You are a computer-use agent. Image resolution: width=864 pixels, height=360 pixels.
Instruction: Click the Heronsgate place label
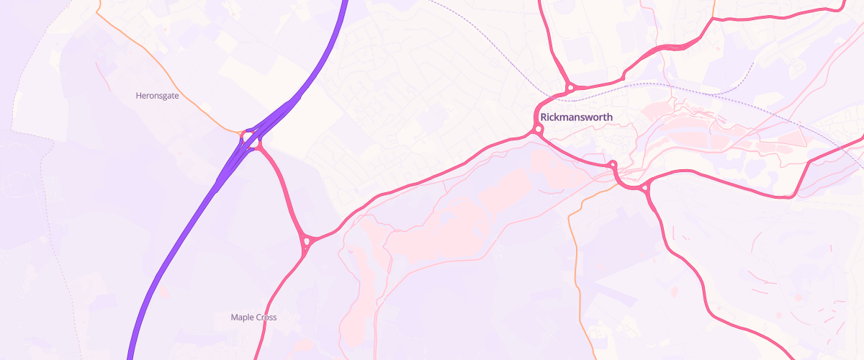coord(157,95)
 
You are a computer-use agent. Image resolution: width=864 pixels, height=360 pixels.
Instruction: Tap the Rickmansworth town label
coord(576,117)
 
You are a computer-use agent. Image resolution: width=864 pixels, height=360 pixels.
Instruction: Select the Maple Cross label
coord(253,317)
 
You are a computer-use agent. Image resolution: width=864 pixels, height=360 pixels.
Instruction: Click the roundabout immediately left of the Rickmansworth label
coord(538,130)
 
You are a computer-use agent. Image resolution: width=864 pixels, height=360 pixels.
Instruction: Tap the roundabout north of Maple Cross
coord(307,240)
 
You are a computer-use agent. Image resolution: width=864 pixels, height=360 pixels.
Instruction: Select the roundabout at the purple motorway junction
coord(248,136)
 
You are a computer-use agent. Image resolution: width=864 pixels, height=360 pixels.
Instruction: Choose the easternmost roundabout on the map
coord(645,189)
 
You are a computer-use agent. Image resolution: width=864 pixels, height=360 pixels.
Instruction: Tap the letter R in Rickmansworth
coord(544,117)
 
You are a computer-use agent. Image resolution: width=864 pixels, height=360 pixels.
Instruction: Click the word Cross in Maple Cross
coord(264,317)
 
